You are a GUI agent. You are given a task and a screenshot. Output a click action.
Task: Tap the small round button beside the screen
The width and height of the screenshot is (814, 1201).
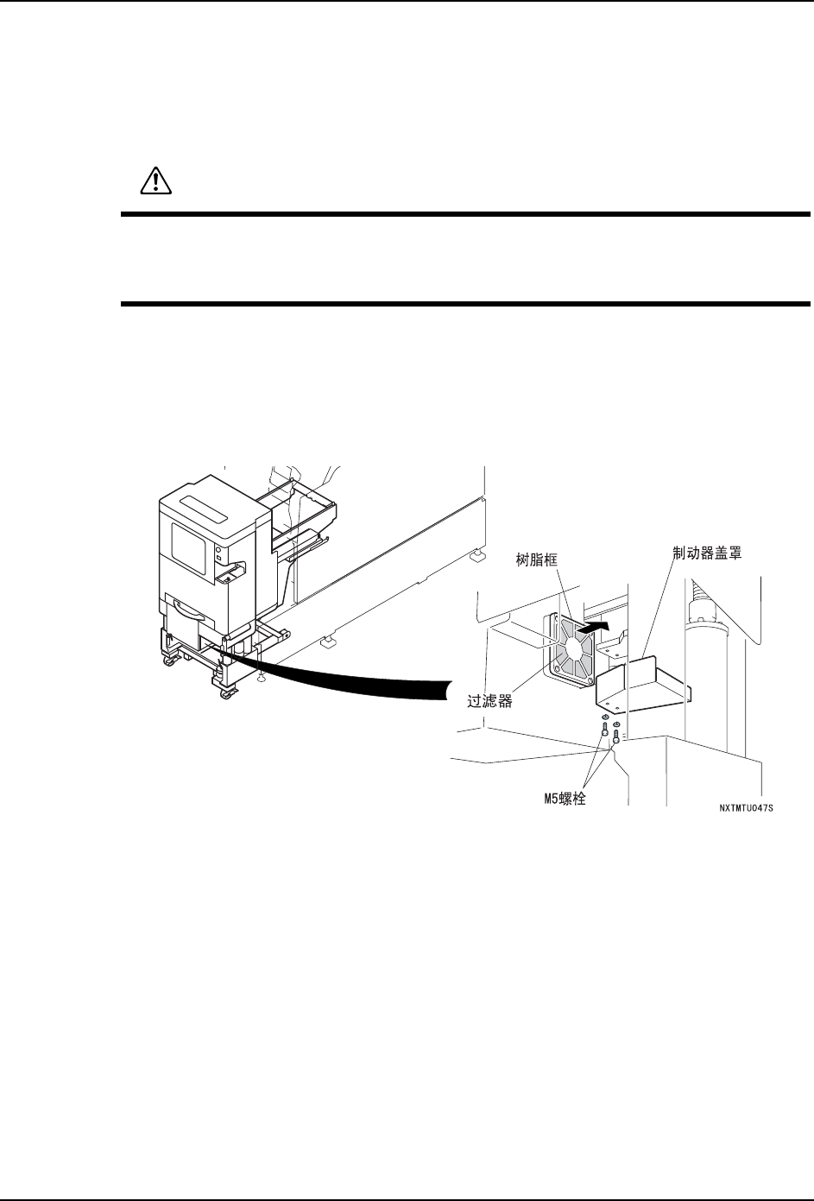click(218, 549)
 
